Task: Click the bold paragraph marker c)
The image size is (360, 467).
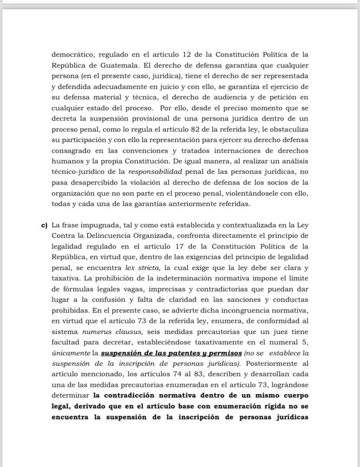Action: click(44, 225)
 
